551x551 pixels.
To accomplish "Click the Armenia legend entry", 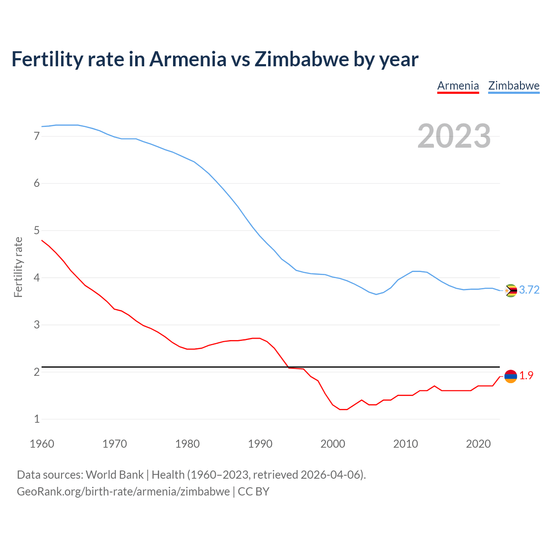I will [458, 86].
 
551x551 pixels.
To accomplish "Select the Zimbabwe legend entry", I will [514, 86].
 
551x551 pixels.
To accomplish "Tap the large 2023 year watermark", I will [454, 136].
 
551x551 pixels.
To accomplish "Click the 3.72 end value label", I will [529, 290].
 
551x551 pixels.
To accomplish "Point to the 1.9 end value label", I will [526, 376].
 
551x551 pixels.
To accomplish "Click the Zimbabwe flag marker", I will [511, 291].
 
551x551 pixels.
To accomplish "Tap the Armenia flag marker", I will [511, 376].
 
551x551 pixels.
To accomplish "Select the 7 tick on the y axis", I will [37, 136].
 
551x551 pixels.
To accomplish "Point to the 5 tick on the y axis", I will [37, 231].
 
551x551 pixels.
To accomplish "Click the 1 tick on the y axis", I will [37, 419].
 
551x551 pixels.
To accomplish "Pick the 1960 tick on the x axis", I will [42, 444].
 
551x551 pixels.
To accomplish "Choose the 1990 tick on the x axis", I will [260, 444].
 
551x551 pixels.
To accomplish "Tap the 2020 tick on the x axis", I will [478, 444].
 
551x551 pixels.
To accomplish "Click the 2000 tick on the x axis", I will [333, 444].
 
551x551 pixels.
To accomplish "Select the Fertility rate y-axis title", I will [18, 267].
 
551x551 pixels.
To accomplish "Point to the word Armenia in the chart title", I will [188, 59].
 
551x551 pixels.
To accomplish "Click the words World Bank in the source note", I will [115, 475].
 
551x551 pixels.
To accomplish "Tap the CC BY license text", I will [254, 492].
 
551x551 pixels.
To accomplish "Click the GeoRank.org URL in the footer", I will [123, 492].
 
